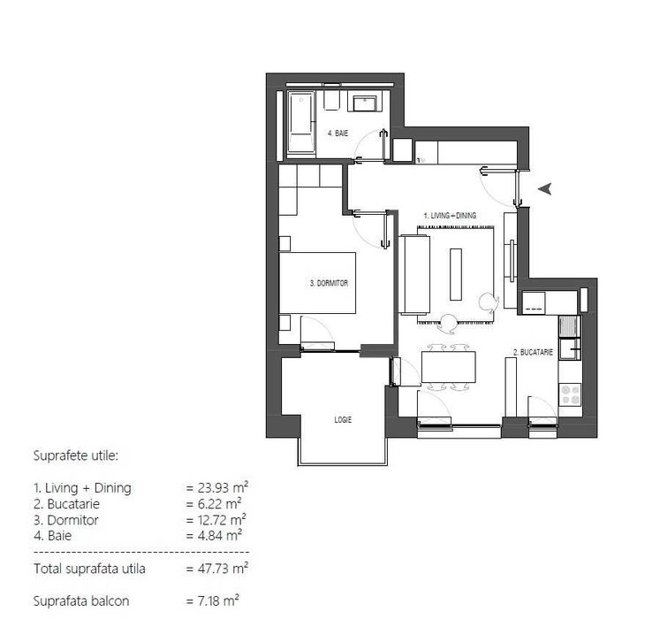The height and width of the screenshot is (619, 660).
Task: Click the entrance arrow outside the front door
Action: click(x=546, y=188)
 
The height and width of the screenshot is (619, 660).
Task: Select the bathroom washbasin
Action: click(x=366, y=103)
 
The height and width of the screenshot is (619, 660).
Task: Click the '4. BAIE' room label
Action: click(x=338, y=134)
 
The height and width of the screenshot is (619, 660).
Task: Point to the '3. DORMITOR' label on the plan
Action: click(x=330, y=284)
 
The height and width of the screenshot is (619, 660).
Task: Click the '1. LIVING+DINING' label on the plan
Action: click(x=450, y=215)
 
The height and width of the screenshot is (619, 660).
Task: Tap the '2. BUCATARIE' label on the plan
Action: click(x=533, y=352)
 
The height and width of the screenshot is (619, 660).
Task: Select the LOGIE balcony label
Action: click(x=343, y=420)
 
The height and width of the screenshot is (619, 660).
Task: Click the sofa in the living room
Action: click(x=414, y=274)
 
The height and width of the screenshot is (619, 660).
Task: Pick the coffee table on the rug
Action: click(x=455, y=274)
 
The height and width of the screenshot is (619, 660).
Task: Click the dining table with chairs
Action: click(x=449, y=367)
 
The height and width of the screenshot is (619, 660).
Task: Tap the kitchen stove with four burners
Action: click(x=570, y=393)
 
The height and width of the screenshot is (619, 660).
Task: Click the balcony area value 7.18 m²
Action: click(x=213, y=601)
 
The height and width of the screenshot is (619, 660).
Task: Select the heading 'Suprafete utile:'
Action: click(x=75, y=456)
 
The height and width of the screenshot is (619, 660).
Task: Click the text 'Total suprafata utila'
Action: click(x=89, y=569)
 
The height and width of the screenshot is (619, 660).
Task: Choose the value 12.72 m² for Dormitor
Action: click(x=216, y=520)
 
